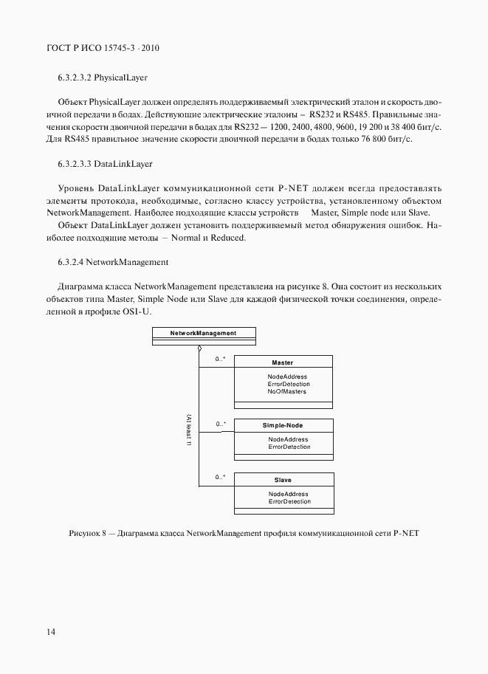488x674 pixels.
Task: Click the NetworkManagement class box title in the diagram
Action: (203, 333)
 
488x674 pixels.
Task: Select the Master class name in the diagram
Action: (282, 362)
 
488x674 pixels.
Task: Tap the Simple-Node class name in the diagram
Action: (282, 426)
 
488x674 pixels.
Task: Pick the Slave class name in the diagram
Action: (282, 480)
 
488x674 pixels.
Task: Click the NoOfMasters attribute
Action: (287, 391)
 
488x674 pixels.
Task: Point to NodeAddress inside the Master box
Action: (287, 376)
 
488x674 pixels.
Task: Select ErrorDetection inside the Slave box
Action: (289, 501)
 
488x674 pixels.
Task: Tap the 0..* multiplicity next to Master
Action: (220, 360)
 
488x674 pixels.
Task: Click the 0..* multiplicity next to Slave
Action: (220, 478)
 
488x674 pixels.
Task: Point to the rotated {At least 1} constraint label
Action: (190, 430)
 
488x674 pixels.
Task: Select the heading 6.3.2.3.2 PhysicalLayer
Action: (105, 77)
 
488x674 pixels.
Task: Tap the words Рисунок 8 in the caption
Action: (87, 533)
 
